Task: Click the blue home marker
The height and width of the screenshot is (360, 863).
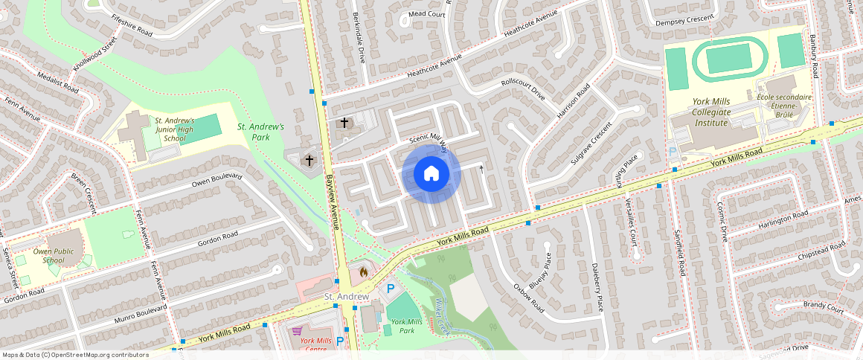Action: point(431,174)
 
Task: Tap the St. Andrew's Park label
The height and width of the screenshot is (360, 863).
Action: point(260,132)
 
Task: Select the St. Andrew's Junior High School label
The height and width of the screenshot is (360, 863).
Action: point(174,129)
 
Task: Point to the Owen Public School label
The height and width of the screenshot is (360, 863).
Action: point(54,256)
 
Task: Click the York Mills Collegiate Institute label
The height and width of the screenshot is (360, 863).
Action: point(710,112)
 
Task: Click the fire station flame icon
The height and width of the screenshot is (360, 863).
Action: point(363,272)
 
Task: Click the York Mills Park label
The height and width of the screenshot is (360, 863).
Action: point(406,326)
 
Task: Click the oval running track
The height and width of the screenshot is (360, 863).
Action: point(728,59)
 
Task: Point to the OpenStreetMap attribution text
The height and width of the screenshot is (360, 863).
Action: point(74,355)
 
